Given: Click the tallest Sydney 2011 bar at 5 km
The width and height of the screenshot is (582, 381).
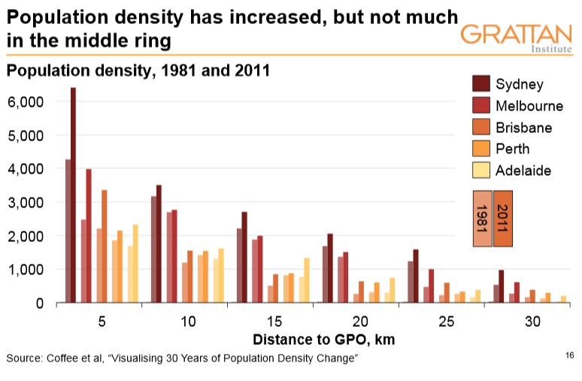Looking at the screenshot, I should coord(74,195).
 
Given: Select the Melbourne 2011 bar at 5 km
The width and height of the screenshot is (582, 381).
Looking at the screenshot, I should coord(89,236).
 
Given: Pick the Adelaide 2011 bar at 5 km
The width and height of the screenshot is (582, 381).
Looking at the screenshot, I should coord(135,263).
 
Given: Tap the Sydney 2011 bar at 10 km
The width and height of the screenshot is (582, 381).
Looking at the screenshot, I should coord(159,243).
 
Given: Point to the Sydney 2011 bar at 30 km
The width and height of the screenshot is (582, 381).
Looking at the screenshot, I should coord(502,286).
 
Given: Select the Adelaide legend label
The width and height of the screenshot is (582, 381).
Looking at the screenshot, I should coord(523,171).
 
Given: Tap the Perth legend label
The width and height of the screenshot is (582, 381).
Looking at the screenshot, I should coord(512,149).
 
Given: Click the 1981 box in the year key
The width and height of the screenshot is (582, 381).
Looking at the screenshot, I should coord(481,219).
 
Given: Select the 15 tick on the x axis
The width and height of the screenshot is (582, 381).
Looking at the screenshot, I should coord(274,321).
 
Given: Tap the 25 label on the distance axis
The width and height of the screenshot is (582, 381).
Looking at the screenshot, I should coord(447,321).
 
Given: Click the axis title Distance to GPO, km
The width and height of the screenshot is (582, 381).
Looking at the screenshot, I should coord(323,339).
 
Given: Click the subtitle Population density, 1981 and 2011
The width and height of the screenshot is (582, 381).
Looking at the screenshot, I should coord(138,71).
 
